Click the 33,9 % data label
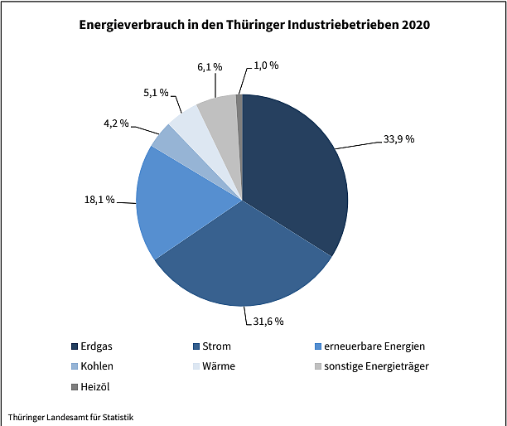coord(398,139)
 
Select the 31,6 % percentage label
coord(268,321)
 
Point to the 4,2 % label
coord(117,123)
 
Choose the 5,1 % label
coord(156,93)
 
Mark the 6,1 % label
coord(210,66)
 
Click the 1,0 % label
coord(265,66)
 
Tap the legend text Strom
coord(216,346)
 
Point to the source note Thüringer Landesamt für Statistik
coord(70,416)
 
